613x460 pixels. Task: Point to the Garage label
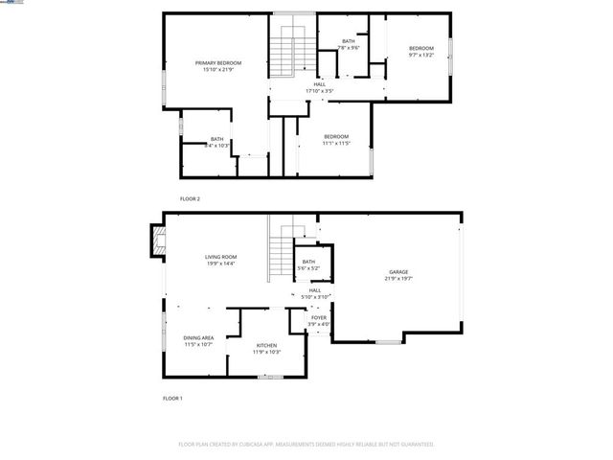[x=398, y=271]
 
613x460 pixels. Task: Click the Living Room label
[x=220, y=257]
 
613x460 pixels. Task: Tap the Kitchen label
[x=266, y=345]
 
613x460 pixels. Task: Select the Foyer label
[x=318, y=317]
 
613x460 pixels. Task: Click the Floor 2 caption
[x=190, y=198]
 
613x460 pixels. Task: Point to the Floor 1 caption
[x=172, y=397]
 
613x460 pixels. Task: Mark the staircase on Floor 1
[x=280, y=253]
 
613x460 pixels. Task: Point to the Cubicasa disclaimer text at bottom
[x=306, y=444]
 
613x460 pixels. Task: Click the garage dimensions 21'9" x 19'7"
[x=398, y=278]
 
